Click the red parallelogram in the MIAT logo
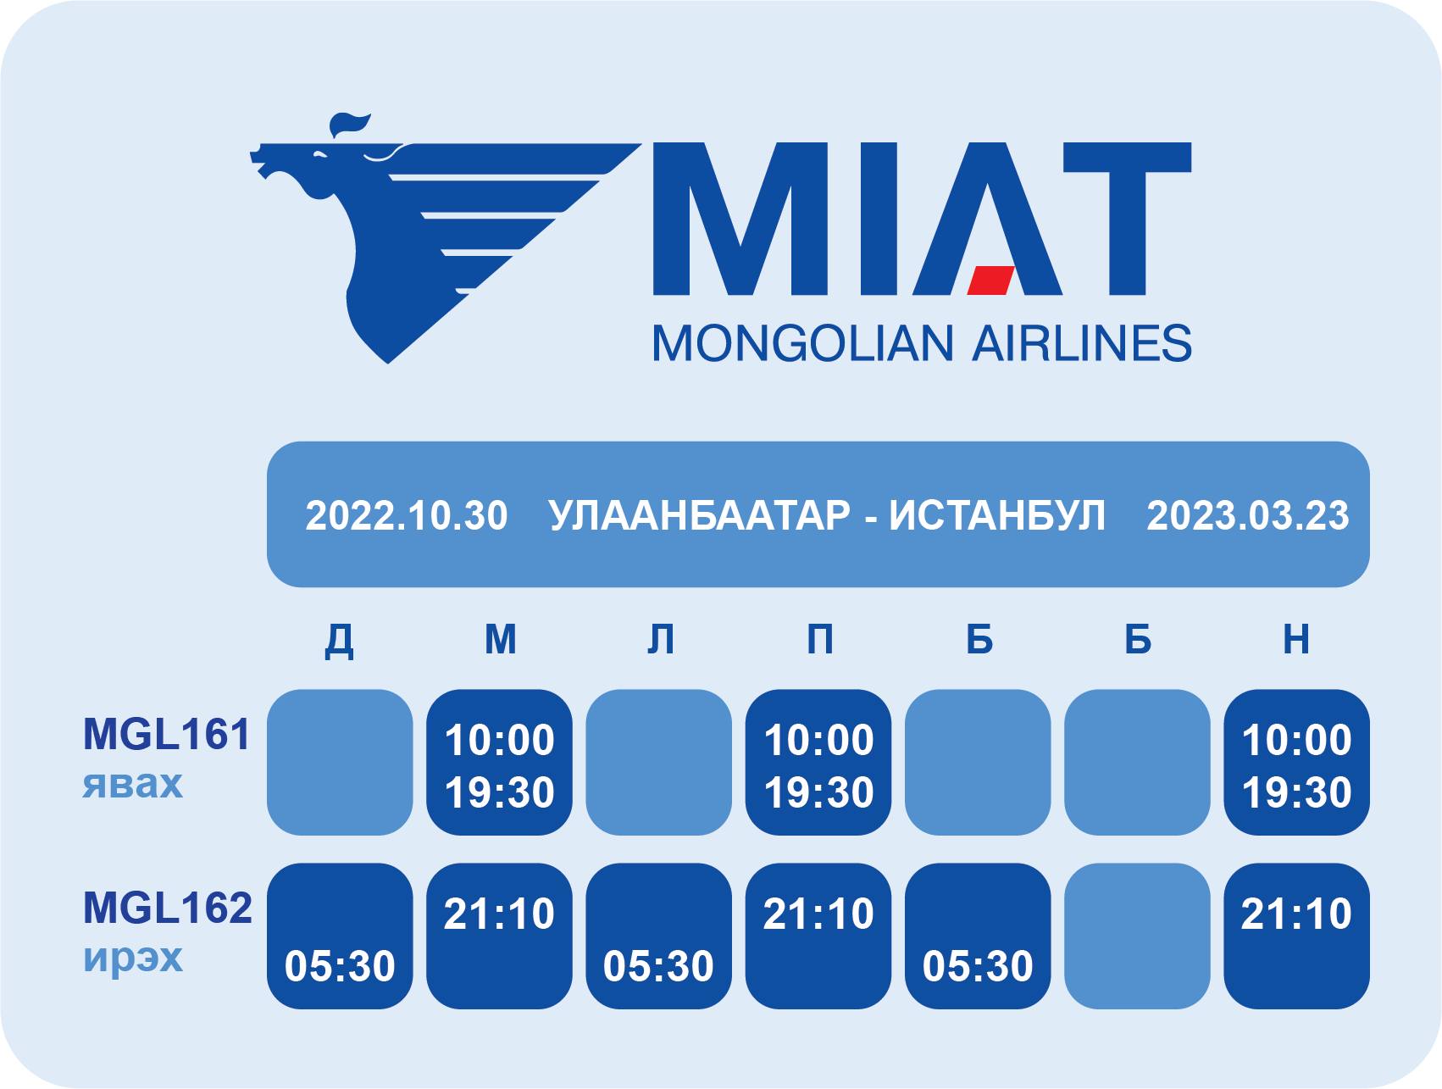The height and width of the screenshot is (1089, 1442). tap(991, 281)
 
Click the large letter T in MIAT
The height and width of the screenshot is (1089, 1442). tap(1128, 219)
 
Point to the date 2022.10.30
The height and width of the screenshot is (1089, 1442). tap(407, 515)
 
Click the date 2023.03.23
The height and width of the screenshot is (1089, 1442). tap(1248, 515)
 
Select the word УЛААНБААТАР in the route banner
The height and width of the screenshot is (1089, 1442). tap(700, 515)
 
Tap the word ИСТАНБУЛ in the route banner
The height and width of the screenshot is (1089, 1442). tap(997, 515)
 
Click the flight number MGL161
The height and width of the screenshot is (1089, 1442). tap(167, 734)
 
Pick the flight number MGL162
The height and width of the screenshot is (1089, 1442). tap(168, 908)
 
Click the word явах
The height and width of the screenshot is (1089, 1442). tap(132, 784)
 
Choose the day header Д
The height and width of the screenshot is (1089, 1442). tap(340, 640)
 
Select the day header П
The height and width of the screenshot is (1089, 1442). tap(819, 639)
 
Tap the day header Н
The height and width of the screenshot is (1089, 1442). tap(1296, 639)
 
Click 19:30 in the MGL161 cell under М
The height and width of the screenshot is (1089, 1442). tap(500, 793)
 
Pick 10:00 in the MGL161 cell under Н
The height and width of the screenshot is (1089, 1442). tap(1297, 740)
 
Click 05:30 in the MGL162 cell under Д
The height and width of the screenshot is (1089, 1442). tap(341, 966)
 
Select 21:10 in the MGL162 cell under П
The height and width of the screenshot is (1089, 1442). tap(818, 914)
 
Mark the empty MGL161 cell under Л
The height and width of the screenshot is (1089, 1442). tap(658, 762)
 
